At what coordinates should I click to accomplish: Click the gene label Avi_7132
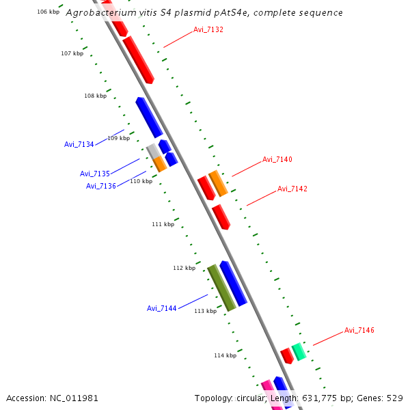pos(208,29)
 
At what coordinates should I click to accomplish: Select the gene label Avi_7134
pos(79,144)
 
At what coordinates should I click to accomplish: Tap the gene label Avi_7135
pos(94,174)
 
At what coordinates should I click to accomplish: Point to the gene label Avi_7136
pos(100,186)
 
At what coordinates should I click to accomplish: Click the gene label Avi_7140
pos(277,159)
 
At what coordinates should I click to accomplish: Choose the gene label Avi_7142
pos(292,189)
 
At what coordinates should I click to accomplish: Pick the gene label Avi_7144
pos(161,308)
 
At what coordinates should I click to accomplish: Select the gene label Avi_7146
pos(359,330)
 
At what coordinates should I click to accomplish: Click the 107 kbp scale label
pos(72,53)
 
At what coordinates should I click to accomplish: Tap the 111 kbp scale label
pos(163,224)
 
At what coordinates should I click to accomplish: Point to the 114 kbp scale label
pos(225,355)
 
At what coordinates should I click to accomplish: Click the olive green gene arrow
pos(221,288)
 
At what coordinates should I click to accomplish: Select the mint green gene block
pos(299,352)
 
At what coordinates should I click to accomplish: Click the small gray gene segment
pos(152,151)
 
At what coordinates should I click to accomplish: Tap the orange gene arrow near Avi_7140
pos(218,183)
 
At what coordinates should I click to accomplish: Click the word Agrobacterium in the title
pos(100,13)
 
